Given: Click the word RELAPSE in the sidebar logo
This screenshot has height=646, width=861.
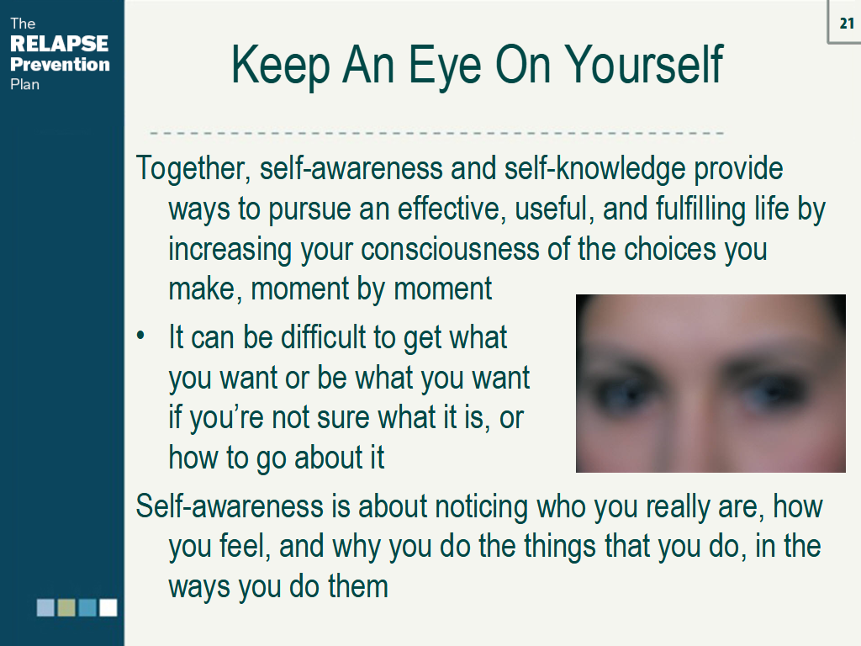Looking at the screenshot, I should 60,44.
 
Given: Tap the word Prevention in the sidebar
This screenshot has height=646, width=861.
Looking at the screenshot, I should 60,64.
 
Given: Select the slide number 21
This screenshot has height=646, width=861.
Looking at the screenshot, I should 847,24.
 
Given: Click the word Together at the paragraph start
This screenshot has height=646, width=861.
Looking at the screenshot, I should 191,168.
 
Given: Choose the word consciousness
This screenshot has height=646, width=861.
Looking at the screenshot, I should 470,249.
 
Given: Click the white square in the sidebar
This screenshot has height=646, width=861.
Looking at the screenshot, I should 108,607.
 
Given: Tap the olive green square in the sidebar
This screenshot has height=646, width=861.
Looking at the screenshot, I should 66,607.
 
